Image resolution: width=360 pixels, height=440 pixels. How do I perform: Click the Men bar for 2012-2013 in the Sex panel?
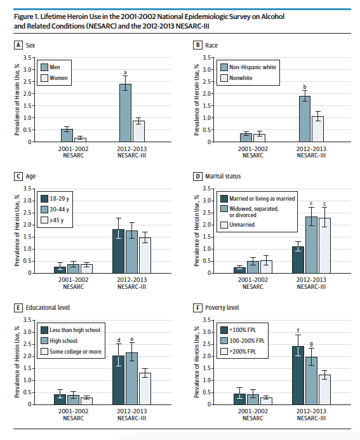(125, 113)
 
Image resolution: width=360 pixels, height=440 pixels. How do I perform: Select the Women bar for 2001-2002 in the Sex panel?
(80, 140)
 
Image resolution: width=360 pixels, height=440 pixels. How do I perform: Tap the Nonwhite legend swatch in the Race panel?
(224, 77)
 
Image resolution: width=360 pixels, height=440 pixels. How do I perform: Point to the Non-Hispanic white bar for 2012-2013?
(305, 119)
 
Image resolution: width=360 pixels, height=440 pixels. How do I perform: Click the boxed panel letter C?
(18, 177)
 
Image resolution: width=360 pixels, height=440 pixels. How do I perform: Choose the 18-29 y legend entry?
(55, 199)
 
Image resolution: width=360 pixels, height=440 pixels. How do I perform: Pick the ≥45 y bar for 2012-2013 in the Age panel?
(145, 255)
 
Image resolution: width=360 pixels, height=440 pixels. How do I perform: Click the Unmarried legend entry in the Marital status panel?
(237, 225)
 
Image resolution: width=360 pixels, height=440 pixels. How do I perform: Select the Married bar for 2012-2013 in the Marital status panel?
(298, 260)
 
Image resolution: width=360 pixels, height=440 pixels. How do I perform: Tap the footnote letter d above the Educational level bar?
(119, 340)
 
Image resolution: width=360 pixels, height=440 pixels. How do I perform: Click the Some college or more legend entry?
(71, 352)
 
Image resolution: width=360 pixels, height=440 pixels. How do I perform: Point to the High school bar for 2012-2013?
(131, 378)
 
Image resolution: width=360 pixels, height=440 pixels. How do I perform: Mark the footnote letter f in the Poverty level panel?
(298, 331)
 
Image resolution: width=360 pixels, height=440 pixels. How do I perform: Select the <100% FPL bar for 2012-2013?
(298, 375)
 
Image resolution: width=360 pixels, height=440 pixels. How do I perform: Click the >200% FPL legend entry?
(238, 352)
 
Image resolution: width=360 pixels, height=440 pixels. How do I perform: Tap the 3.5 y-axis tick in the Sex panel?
(27, 58)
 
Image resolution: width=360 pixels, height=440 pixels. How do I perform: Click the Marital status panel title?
(223, 177)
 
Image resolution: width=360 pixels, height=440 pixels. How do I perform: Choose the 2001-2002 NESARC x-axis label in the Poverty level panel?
(253, 415)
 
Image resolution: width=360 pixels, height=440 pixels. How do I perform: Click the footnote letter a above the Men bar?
(125, 72)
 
